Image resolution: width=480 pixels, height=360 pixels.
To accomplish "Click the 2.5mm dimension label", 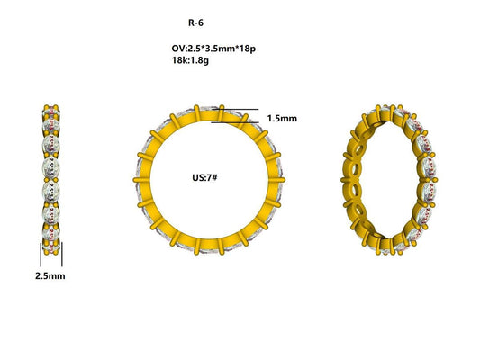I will (50, 276).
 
